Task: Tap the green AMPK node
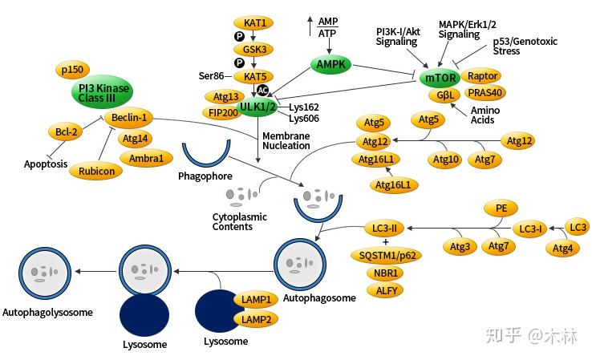(x=330, y=63)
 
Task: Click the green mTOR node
(x=440, y=78)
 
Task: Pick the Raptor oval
(x=483, y=76)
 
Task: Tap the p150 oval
(x=75, y=70)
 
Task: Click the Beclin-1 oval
(x=128, y=118)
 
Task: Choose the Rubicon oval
(x=96, y=171)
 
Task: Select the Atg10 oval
(x=446, y=160)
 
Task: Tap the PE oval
(x=501, y=208)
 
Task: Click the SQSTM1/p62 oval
(x=387, y=255)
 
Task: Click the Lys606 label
(x=304, y=118)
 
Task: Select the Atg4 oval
(x=562, y=249)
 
